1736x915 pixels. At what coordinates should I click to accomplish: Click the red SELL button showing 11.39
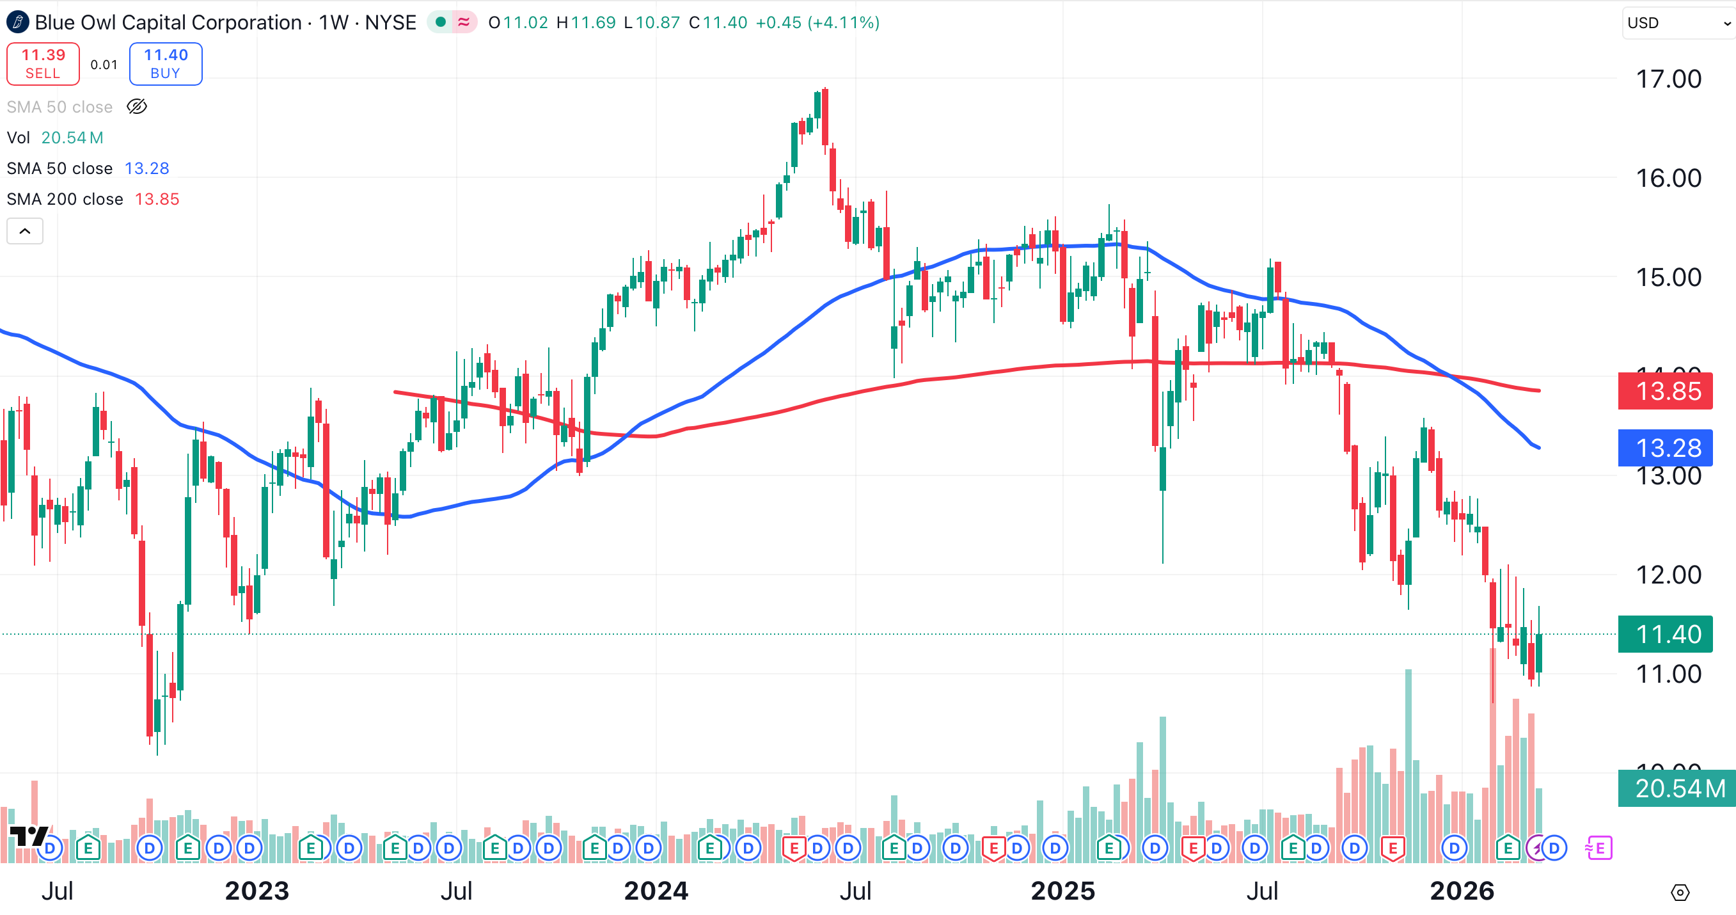(43, 64)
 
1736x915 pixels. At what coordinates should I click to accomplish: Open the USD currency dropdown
(1678, 23)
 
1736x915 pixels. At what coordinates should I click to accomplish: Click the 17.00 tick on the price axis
(1669, 79)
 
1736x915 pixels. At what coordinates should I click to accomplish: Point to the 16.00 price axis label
(1669, 179)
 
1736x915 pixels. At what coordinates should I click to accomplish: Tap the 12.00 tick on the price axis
(1669, 575)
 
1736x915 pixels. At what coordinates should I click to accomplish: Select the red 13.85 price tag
(1664, 391)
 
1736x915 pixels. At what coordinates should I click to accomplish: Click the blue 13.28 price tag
(1664, 448)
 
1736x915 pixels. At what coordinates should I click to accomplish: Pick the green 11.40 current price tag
(1664, 635)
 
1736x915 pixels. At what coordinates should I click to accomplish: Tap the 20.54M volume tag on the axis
(1676, 788)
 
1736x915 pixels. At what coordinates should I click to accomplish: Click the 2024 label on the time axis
(656, 891)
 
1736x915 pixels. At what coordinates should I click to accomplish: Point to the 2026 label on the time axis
(1462, 891)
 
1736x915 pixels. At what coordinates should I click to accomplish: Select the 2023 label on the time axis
(256, 891)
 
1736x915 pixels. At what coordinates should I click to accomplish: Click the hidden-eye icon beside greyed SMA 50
(137, 106)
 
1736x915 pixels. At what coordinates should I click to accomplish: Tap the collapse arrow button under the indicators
(25, 231)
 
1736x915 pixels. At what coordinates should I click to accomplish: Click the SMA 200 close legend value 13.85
(157, 200)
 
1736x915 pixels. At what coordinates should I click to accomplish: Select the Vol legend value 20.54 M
(72, 138)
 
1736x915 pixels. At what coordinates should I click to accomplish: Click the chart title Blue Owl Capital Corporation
(168, 23)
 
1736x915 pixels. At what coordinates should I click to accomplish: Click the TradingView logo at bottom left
(28, 836)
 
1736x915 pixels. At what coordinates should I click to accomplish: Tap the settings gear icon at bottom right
(1680, 893)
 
